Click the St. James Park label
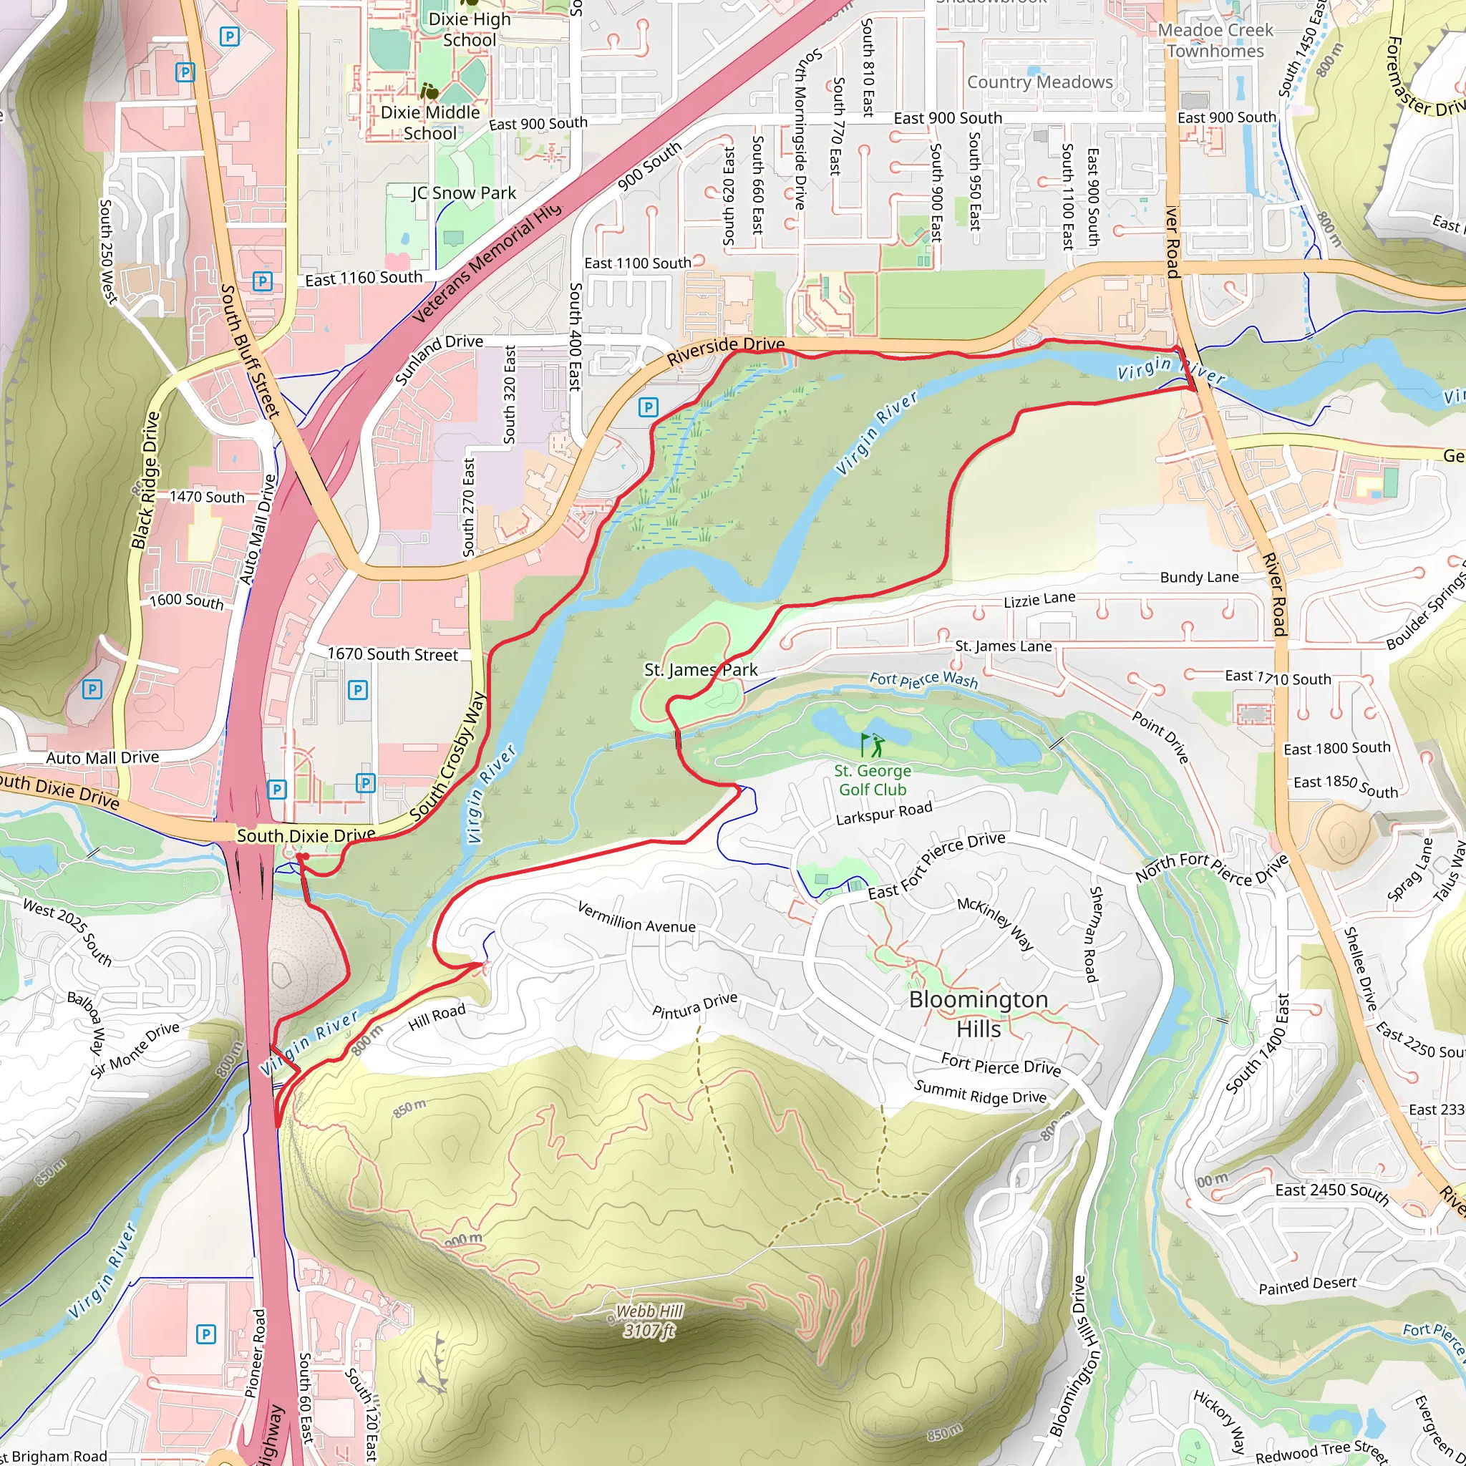pyautogui.click(x=700, y=670)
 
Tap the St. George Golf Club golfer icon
pyautogui.click(x=873, y=744)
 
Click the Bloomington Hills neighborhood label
pyautogui.click(x=978, y=1014)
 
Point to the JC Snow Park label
pyautogui.click(x=464, y=193)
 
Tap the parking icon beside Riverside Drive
pyautogui.click(x=647, y=407)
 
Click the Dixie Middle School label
pyautogui.click(x=430, y=122)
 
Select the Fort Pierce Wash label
pyautogui.click(x=923, y=679)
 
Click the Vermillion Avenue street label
pyautogui.click(x=636, y=917)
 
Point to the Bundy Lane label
pyautogui.click(x=1199, y=578)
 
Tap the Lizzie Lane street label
pyautogui.click(x=1039, y=599)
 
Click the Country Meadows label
pyautogui.click(x=1039, y=82)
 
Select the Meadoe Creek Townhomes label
pyautogui.click(x=1215, y=41)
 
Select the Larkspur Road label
pyautogui.click(x=883, y=813)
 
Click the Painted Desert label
pyautogui.click(x=1307, y=1285)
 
